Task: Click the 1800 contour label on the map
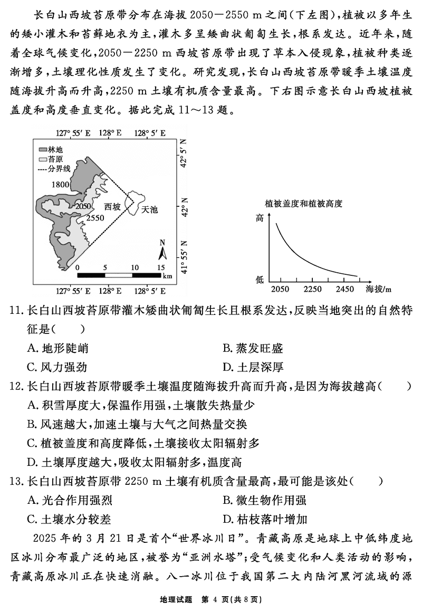[x=61, y=184]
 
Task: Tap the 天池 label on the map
[x=150, y=209]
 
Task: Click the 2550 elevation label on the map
[x=95, y=217]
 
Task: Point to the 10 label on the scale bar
[x=135, y=267]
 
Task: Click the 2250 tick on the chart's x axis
[x=312, y=289]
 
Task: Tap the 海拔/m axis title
[x=379, y=289]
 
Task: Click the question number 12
[x=17, y=386]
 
